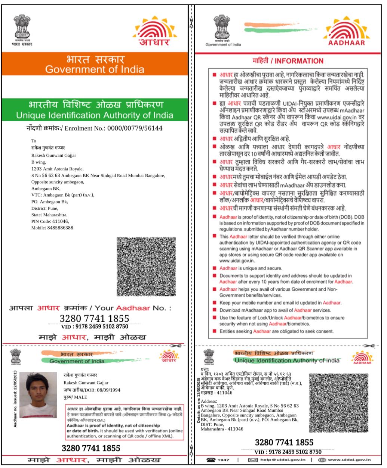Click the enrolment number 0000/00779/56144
[x=135, y=128]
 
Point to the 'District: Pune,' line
[x=44, y=208]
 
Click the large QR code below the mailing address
[x=146, y=266]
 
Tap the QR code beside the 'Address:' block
[x=339, y=403]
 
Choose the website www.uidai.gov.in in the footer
[x=349, y=460]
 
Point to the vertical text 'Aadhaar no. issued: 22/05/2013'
[x=15, y=399]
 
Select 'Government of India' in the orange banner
[x=95, y=69]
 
